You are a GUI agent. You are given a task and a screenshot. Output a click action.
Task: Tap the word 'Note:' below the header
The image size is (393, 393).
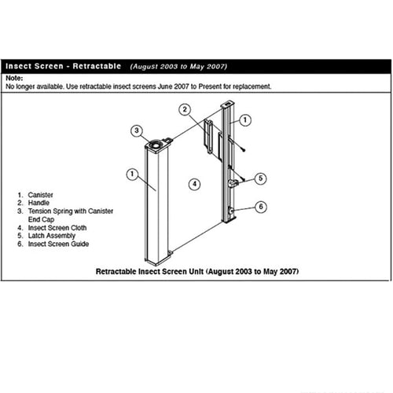tap(15, 78)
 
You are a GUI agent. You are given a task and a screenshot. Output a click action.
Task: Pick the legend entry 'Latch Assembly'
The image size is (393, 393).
tap(51, 236)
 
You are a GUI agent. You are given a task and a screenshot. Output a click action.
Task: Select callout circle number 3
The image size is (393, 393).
tap(136, 130)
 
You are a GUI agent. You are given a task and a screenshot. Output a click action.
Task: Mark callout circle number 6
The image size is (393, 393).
tap(261, 207)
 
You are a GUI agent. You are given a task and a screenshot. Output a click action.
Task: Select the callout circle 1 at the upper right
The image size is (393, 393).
tap(245, 121)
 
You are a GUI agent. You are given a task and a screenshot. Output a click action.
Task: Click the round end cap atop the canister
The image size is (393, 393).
tap(156, 143)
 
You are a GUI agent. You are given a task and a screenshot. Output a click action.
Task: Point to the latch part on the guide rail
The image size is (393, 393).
tap(233, 183)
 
